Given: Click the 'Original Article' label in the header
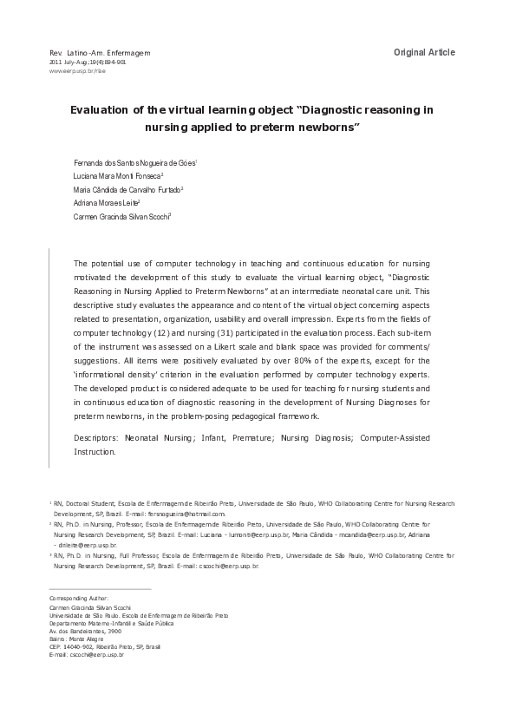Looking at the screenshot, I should (424, 53).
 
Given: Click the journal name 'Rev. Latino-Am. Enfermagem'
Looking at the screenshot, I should (101, 54).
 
